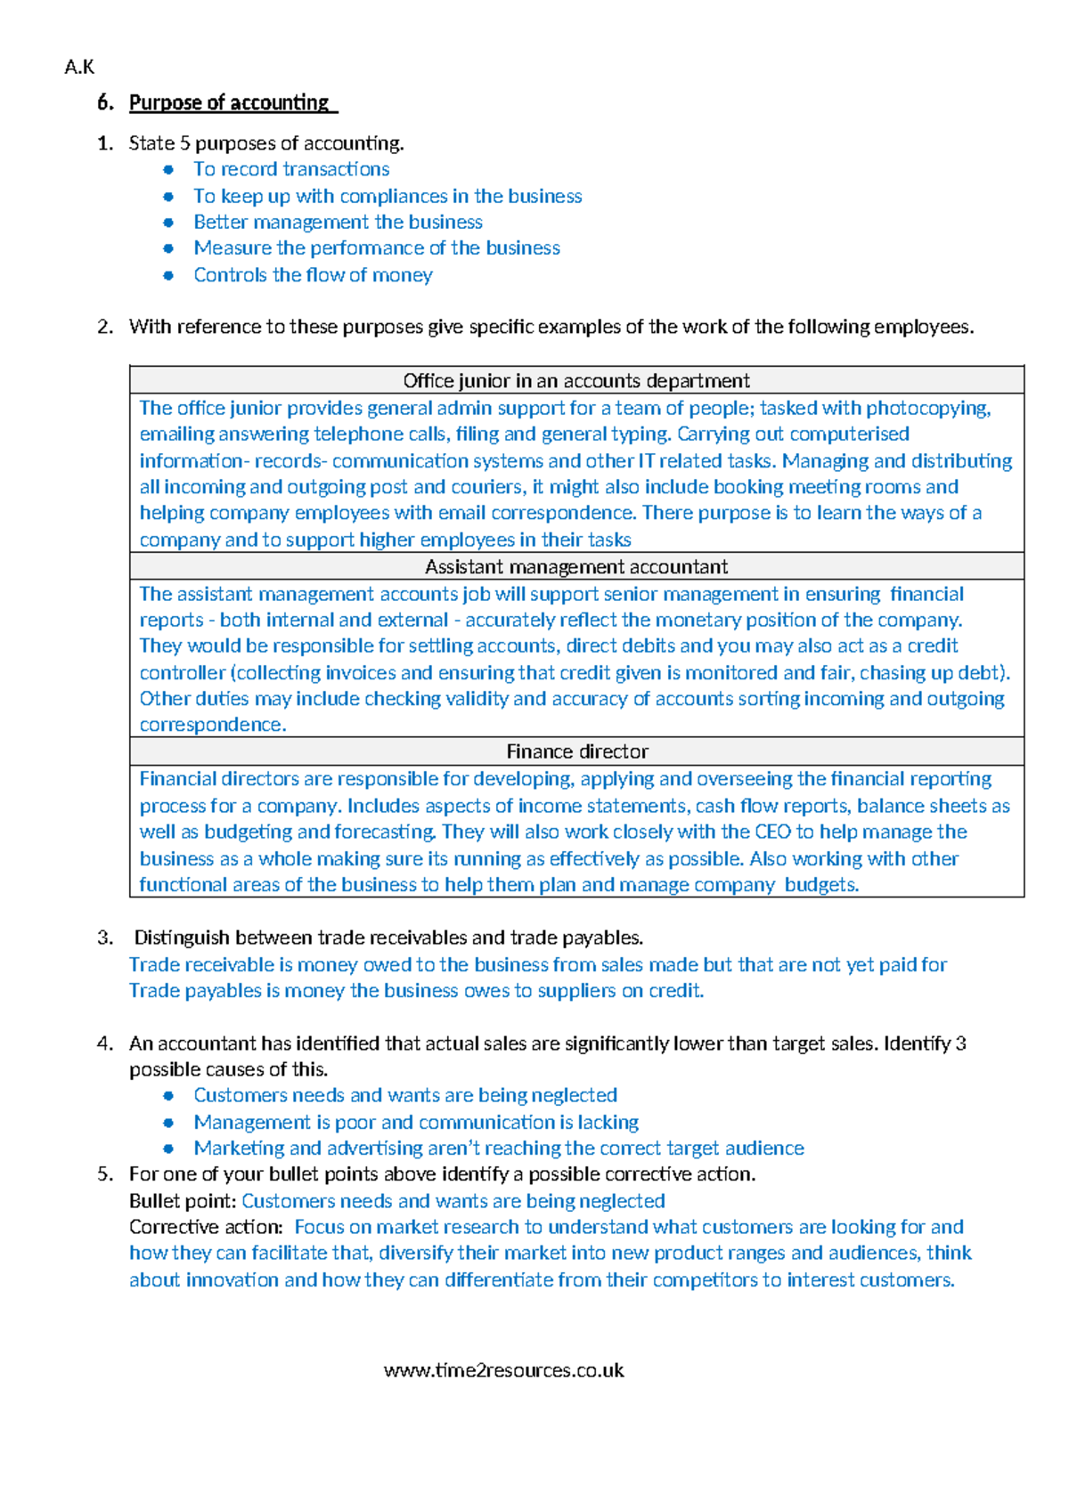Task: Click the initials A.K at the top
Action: [79, 67]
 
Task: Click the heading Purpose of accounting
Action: [229, 102]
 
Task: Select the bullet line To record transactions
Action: [291, 169]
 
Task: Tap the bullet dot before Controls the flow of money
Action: [168, 275]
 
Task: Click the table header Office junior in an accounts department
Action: [576, 381]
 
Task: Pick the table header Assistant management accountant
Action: [576, 567]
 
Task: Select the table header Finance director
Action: [576, 751]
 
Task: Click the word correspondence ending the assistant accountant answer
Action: [211, 725]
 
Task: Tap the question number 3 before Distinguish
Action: [105, 938]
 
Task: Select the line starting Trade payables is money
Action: [416, 991]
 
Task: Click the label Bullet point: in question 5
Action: [183, 1201]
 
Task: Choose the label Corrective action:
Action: [206, 1227]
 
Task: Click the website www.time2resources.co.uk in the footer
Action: [503, 1370]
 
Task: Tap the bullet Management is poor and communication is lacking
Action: [416, 1122]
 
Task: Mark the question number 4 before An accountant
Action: [105, 1043]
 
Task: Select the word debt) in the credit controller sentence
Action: [985, 673]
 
